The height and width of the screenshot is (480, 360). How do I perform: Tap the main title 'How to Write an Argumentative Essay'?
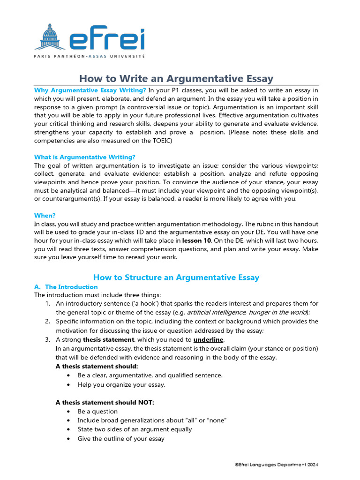tap(176, 78)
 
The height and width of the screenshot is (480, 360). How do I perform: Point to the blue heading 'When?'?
tap(45, 216)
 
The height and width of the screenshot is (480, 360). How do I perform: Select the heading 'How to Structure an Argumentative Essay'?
tap(176, 277)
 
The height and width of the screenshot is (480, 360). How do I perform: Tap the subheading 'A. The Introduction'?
tap(66, 287)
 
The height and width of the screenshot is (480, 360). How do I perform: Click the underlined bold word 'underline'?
tap(208, 339)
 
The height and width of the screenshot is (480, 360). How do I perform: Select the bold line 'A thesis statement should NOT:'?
tap(105, 403)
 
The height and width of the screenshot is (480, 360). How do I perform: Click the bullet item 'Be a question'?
tap(97, 412)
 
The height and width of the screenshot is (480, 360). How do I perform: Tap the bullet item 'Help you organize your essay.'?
tap(121, 385)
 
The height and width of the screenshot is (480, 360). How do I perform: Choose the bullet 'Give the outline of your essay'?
tap(121, 439)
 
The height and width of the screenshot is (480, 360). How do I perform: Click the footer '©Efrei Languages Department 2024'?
tap(277, 465)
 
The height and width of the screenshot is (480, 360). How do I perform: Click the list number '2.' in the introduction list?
tap(48, 322)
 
